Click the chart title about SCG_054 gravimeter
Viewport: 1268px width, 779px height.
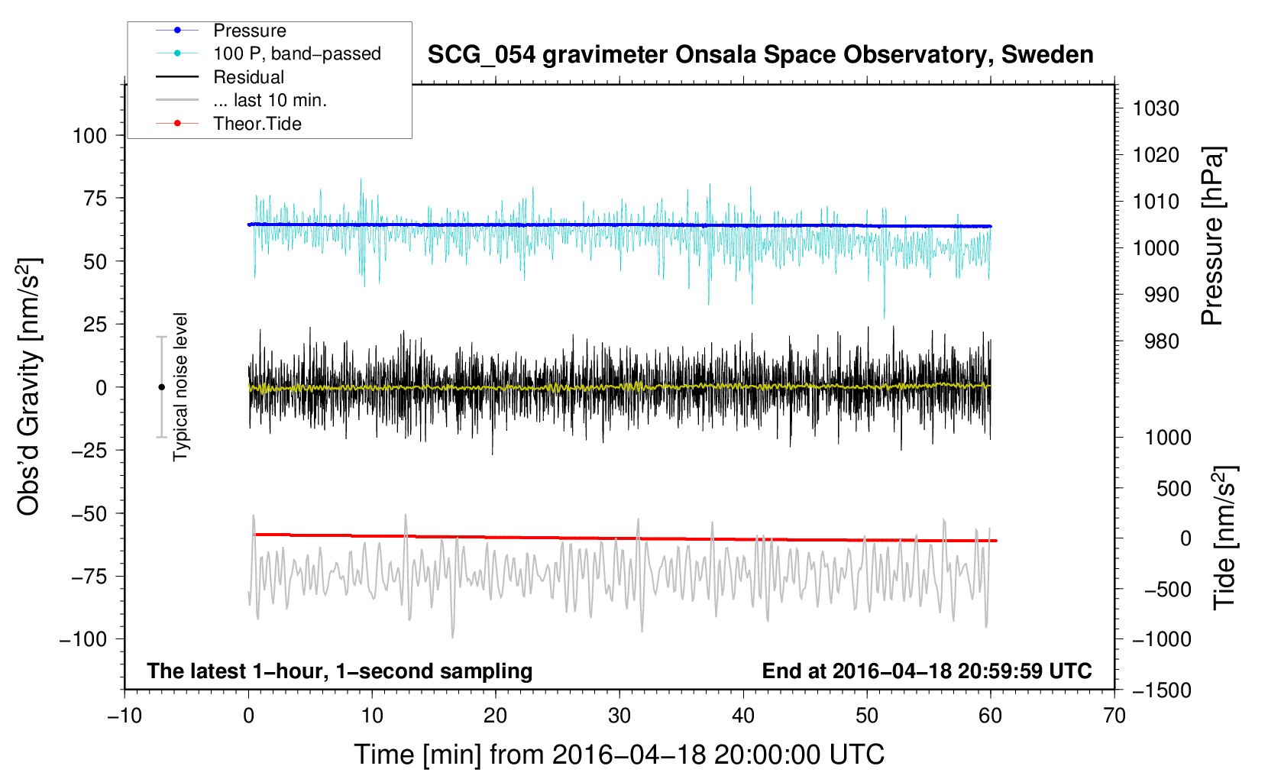tap(760, 55)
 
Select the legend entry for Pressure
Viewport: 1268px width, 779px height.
tap(249, 31)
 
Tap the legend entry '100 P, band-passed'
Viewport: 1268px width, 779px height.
tap(296, 53)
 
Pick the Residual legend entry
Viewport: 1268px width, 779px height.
tap(248, 77)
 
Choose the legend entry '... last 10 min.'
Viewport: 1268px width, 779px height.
tap(270, 100)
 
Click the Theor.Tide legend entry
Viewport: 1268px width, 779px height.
tap(257, 124)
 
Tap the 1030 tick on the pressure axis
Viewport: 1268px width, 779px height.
tap(1156, 108)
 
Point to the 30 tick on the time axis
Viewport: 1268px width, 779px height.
tap(619, 716)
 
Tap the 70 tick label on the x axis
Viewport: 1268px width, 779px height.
tap(1114, 716)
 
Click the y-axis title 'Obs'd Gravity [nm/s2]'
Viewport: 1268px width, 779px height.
tap(29, 386)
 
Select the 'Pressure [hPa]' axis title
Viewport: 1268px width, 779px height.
tap(1212, 236)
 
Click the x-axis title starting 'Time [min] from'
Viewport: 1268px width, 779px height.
tap(619, 755)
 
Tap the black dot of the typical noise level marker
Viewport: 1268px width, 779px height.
tap(161, 387)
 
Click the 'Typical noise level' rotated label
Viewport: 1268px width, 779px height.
tap(180, 386)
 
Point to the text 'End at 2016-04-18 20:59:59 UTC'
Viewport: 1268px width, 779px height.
tap(927, 671)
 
